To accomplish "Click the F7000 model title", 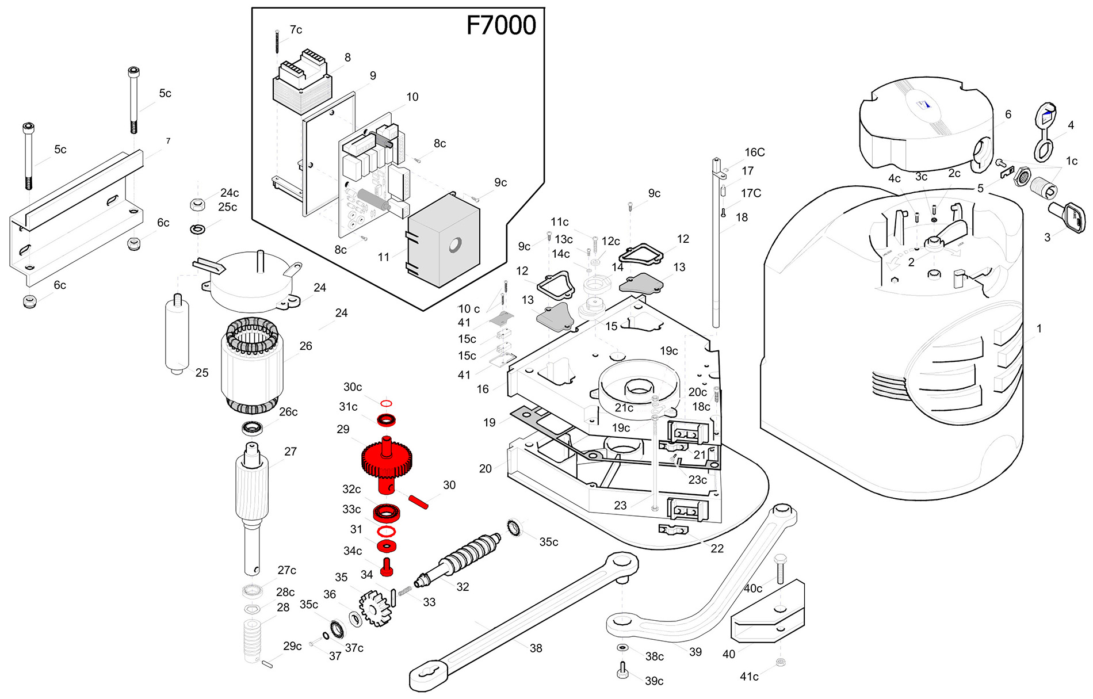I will [x=501, y=25].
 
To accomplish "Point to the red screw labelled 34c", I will [x=387, y=566].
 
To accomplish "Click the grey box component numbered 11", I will [x=443, y=241].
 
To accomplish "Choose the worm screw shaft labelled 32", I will [x=460, y=558].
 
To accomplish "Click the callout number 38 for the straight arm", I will [x=536, y=648].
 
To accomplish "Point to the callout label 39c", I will [x=654, y=681].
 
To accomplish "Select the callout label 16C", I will [x=755, y=152].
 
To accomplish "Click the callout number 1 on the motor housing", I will [x=1039, y=329].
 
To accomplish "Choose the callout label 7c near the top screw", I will [x=296, y=30].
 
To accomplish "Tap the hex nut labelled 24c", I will [x=197, y=204].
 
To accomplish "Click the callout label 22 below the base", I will [x=717, y=549].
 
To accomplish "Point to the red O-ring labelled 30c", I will [x=387, y=403].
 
